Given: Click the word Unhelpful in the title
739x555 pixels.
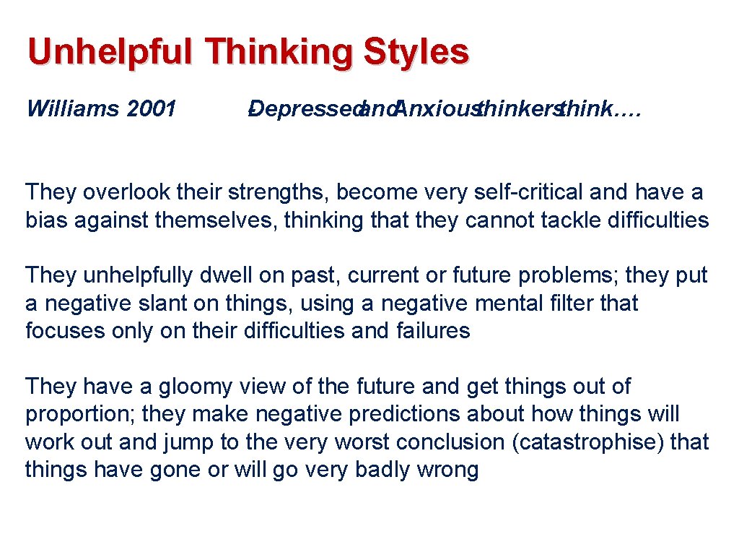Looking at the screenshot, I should (x=110, y=52).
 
